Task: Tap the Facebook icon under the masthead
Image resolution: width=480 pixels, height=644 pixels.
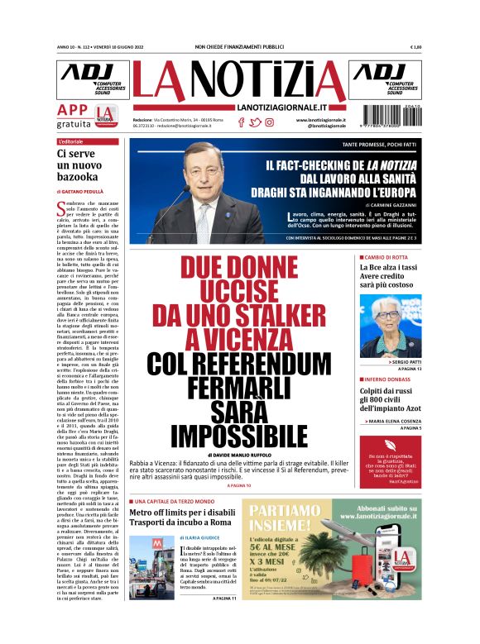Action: (x=241, y=122)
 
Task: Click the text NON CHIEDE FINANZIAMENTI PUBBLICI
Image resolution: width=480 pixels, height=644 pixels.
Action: (x=239, y=47)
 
